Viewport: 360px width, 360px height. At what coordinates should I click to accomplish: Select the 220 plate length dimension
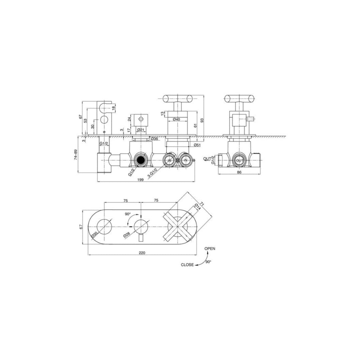(x=142, y=253)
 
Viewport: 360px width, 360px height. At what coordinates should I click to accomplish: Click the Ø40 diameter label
(x=177, y=119)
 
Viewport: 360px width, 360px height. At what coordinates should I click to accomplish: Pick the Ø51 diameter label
(x=197, y=145)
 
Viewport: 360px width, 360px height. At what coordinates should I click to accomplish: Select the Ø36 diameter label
(x=154, y=138)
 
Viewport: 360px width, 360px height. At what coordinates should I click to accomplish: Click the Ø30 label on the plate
(x=95, y=235)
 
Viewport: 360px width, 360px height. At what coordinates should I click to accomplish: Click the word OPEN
(x=210, y=248)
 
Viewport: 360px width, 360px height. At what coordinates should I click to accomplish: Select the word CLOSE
(x=187, y=265)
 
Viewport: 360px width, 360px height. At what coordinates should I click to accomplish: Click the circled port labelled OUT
(x=240, y=160)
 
